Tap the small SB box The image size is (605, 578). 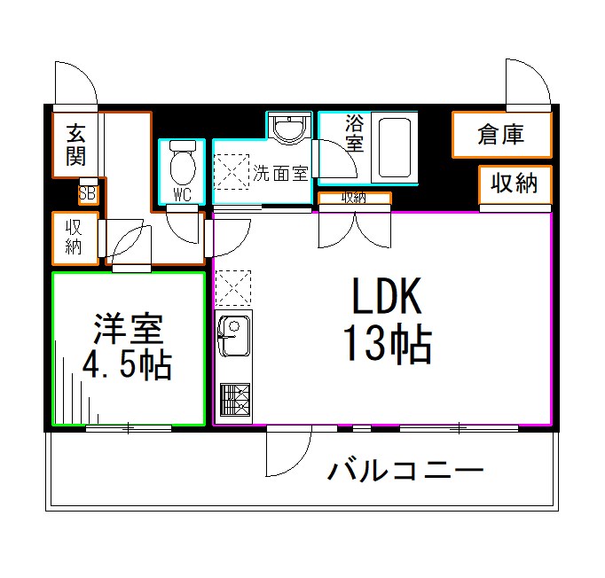point(88,192)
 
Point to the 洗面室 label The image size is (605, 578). point(280,173)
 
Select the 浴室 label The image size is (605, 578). point(355,132)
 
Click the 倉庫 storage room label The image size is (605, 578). point(500,135)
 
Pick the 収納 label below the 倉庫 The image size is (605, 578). point(515,184)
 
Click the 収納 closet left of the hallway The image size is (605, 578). point(75,238)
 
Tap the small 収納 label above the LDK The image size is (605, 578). point(354,198)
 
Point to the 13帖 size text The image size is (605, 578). point(388,345)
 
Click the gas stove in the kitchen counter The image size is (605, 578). point(234,401)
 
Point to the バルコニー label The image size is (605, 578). point(405,469)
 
